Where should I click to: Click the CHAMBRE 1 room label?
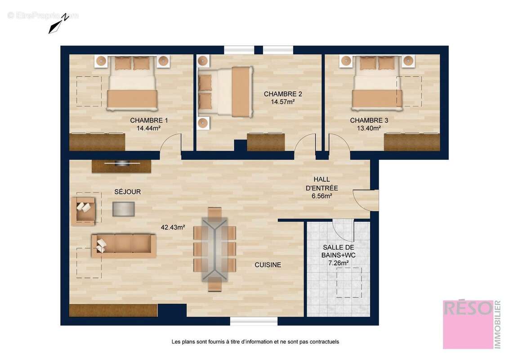pos(149,120)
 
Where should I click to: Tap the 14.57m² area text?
pos(282,102)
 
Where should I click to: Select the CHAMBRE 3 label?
pos(369,120)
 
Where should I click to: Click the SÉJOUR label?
pos(127,192)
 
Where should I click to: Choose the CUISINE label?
pos(268,265)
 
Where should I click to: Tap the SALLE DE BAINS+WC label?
pos(339,252)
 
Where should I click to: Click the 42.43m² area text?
pos(173,227)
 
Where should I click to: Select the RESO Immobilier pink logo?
pos(468,324)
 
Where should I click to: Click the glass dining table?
pos(215,249)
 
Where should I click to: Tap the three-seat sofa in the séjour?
pos(124,245)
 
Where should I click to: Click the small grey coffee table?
pos(124,208)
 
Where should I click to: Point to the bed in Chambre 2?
pos(225,92)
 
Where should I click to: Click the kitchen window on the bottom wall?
pos(254,321)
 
